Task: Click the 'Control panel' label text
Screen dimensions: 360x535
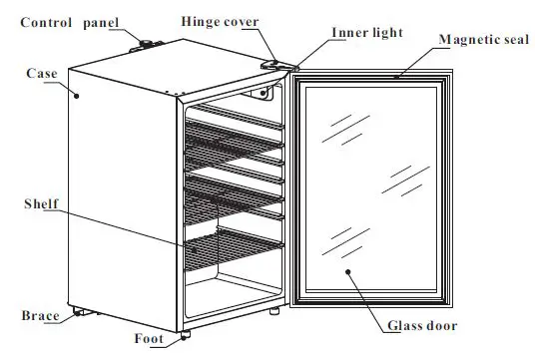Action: coord(62,21)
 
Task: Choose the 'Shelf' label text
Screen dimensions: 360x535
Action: coord(41,203)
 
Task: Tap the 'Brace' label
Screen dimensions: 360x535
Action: coord(39,316)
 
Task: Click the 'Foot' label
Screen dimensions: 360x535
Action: coord(149,337)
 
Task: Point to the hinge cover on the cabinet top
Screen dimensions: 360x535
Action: coord(271,64)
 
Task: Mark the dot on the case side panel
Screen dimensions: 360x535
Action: coord(78,95)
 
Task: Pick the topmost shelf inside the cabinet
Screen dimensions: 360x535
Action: coord(236,114)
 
